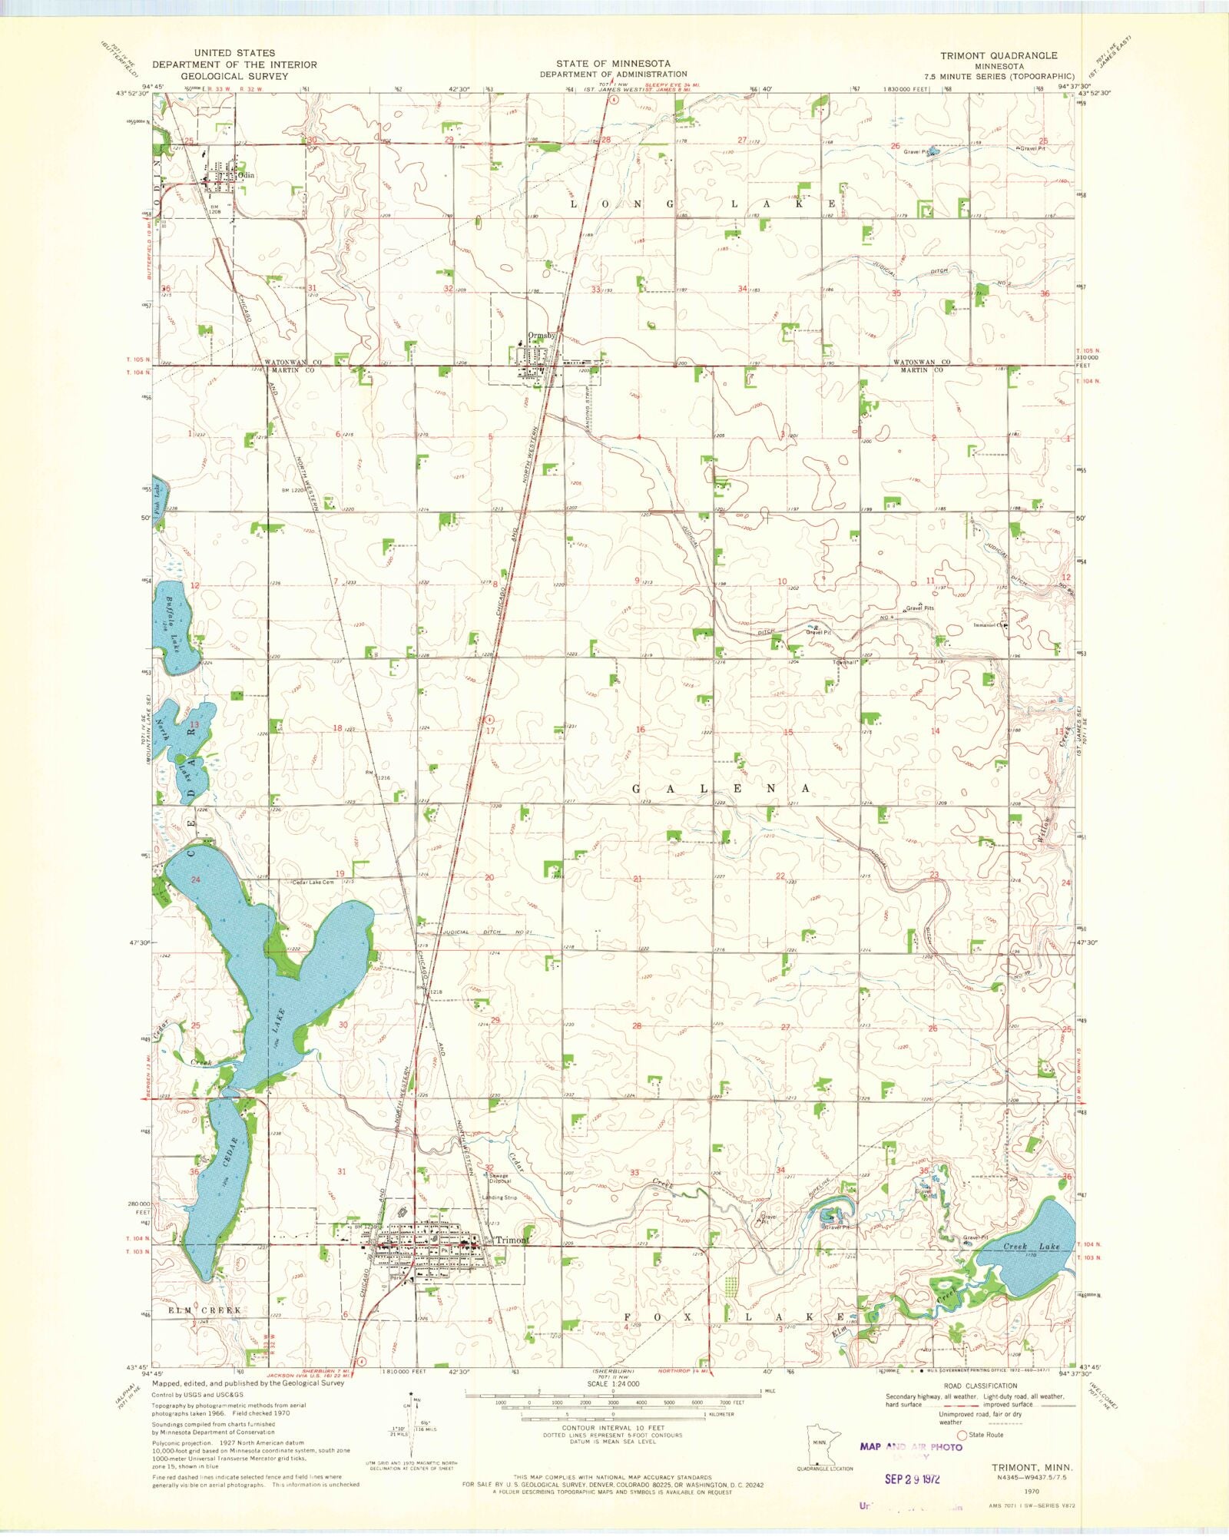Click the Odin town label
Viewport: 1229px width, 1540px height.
tap(246, 175)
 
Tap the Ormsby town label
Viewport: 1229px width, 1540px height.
tap(541, 336)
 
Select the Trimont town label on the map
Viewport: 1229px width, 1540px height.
tap(512, 1240)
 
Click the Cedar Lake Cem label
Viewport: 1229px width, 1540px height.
tap(313, 883)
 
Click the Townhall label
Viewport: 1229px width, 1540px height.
tap(845, 662)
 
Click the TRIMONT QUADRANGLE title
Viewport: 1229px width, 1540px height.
tap(999, 55)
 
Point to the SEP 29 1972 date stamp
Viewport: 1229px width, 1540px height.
tap(911, 1479)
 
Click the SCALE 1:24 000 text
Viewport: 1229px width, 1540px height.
tap(613, 1383)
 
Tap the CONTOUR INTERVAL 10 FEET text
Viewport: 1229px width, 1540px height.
tap(613, 1428)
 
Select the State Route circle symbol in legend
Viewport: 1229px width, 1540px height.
tap(960, 1435)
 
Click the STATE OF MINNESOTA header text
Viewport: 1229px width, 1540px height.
tap(613, 64)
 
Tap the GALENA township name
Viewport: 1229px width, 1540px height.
tap(720, 789)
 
